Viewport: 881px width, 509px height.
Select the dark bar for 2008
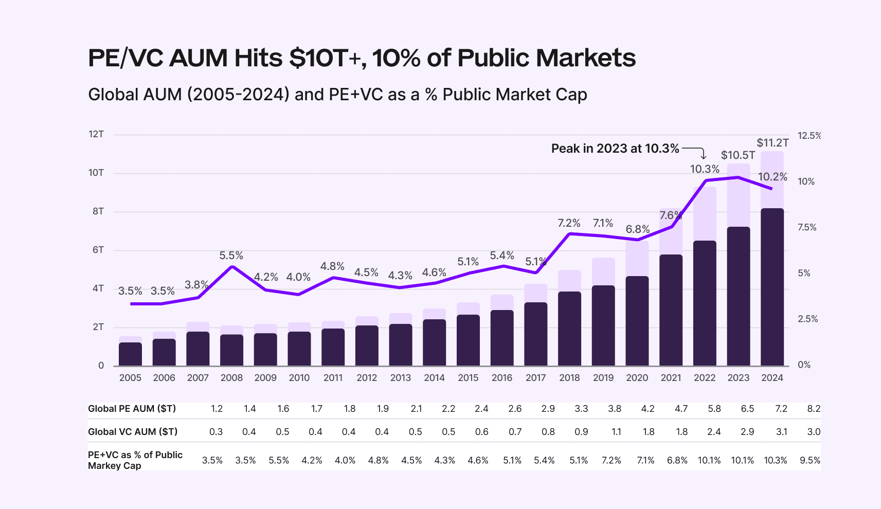231,350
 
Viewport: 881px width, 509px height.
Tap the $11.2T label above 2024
772,143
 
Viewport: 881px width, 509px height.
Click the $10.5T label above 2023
738,155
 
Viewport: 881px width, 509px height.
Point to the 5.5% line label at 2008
231,256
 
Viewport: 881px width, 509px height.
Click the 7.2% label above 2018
569,223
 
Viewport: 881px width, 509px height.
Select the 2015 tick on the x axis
468,378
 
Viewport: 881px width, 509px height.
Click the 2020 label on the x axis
637,378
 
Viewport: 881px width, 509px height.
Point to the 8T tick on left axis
98,211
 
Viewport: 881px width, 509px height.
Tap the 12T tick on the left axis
96,134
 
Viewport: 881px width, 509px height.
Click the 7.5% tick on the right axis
807,227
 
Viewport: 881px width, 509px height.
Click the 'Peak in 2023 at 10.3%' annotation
615,149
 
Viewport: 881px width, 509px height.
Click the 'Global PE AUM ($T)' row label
132,409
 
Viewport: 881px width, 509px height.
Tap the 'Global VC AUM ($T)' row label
133,432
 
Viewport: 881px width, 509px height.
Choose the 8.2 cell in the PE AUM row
814,409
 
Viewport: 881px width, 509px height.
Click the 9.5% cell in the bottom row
810,460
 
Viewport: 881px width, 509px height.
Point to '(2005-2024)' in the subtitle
238,95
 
